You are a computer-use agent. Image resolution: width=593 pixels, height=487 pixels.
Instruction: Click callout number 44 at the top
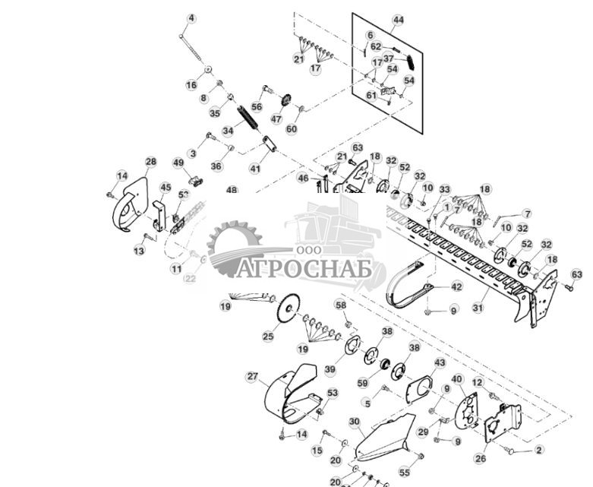(x=398, y=20)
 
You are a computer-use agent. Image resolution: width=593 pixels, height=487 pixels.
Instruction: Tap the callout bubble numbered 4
(x=191, y=18)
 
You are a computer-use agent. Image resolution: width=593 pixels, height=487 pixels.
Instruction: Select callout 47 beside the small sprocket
(x=276, y=119)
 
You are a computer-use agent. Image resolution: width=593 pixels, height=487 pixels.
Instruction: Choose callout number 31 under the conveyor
(x=478, y=308)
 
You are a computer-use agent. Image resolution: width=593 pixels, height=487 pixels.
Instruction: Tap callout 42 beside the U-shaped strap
(x=456, y=286)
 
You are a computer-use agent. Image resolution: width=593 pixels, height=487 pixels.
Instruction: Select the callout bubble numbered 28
(x=150, y=162)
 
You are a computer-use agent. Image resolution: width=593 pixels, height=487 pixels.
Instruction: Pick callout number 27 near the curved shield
(x=253, y=376)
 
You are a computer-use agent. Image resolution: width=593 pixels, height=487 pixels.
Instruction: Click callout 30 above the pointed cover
(x=354, y=422)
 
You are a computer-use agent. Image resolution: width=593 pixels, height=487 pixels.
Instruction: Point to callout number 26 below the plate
(x=480, y=458)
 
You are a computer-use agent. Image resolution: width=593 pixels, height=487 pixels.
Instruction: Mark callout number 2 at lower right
(x=539, y=450)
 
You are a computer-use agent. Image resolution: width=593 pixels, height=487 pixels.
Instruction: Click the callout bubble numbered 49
(x=178, y=163)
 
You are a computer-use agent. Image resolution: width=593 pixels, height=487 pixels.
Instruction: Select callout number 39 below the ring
(x=330, y=369)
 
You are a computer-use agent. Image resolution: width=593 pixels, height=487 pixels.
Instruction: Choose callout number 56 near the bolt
(x=257, y=107)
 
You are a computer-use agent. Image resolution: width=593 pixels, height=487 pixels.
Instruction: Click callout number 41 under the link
(x=254, y=168)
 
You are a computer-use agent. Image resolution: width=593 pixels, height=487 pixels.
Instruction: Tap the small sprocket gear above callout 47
(x=286, y=100)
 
